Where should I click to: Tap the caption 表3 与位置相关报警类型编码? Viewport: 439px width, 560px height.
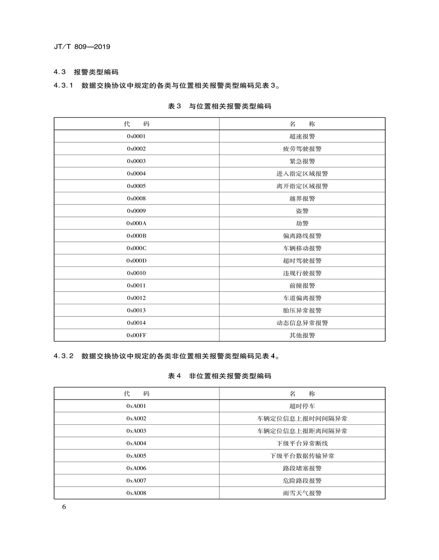[x=219, y=106]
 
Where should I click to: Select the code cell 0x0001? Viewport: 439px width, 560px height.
[x=136, y=136]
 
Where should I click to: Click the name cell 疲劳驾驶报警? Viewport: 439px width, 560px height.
[x=302, y=149]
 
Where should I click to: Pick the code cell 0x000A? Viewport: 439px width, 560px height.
[x=136, y=224]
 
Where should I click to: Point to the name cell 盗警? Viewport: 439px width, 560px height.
[x=302, y=211]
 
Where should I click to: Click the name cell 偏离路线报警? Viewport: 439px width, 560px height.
[x=302, y=236]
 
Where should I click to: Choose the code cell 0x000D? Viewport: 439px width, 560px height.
[x=136, y=261]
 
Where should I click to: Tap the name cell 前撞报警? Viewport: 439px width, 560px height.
[x=302, y=286]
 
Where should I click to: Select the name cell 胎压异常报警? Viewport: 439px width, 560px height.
[x=302, y=310]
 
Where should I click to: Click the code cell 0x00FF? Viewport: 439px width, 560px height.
[x=136, y=335]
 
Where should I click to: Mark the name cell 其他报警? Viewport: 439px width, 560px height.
[x=302, y=335]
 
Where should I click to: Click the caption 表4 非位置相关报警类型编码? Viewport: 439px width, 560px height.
[x=219, y=376]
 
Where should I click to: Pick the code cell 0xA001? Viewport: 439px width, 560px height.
[x=136, y=406]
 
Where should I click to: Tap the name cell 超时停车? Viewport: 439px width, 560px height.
[x=302, y=406]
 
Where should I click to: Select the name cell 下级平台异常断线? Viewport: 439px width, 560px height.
[x=302, y=443]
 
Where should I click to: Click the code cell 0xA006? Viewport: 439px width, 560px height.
[x=136, y=468]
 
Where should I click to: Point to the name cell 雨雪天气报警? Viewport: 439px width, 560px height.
[x=302, y=493]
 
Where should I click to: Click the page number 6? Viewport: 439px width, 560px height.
[x=64, y=507]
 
